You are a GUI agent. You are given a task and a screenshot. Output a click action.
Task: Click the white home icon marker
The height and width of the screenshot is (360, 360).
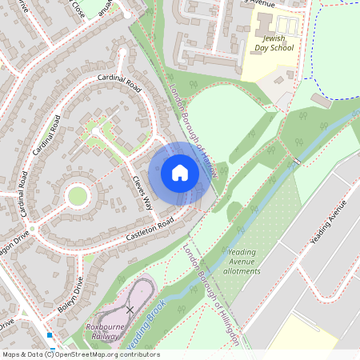click(180, 172)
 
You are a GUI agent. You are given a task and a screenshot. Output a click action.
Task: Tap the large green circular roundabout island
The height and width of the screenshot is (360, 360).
click(78, 195)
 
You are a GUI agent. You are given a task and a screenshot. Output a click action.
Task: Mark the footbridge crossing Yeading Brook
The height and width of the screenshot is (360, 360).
click(297, 162)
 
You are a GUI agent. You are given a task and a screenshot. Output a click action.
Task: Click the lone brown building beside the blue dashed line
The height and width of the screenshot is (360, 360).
click(321, 102)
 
